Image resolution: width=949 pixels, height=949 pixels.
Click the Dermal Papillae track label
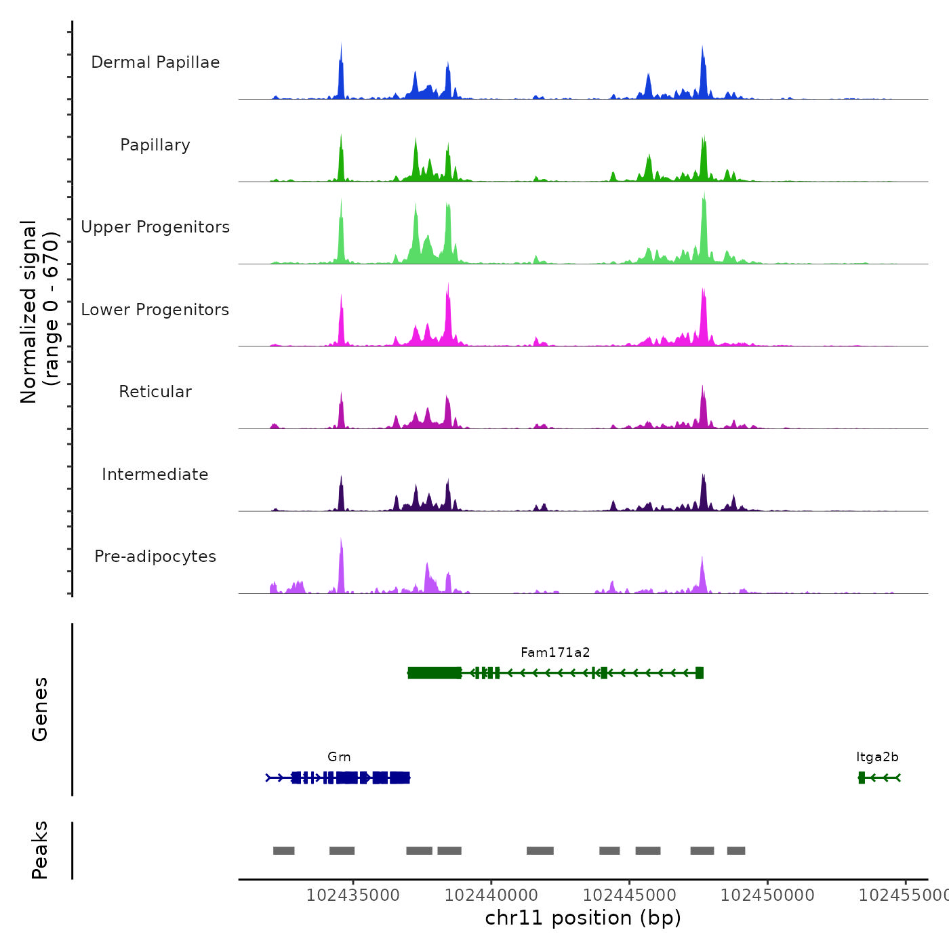155,62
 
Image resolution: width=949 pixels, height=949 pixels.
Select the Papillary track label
155,145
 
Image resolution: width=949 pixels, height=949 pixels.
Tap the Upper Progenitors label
155,227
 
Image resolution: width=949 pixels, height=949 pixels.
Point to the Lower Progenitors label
155,310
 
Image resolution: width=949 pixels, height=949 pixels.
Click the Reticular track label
155,392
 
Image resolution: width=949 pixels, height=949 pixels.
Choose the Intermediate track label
155,474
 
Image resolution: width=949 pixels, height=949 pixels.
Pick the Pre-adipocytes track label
155,557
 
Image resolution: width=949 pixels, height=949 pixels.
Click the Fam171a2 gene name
555,653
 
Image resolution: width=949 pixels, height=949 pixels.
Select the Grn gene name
339,757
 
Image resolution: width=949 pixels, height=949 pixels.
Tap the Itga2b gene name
877,757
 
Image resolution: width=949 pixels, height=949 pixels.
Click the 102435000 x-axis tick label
352,895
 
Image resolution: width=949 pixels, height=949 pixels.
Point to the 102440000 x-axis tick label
491,895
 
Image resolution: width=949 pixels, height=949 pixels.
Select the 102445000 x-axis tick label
629,895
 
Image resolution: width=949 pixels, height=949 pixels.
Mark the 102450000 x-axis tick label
767,895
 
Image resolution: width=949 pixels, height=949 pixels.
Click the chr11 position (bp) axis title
583,918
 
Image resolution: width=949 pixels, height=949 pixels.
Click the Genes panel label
40,709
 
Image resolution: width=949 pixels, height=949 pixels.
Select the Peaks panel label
40,850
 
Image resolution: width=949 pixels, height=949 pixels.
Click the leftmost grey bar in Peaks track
284,851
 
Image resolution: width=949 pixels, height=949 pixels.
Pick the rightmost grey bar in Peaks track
736,851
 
